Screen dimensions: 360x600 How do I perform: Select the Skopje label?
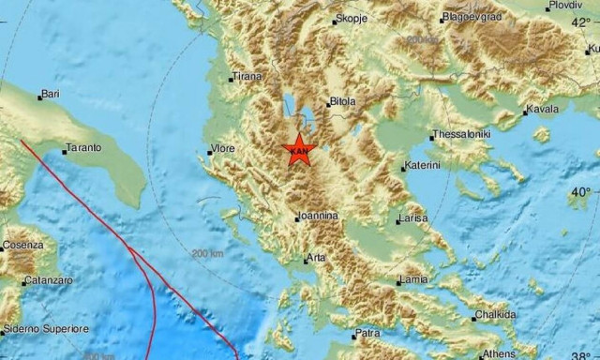click(352, 19)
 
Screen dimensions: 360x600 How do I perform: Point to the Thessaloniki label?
click(462, 135)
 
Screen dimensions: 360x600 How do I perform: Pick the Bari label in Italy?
click(49, 96)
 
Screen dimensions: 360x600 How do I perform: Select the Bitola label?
click(343, 103)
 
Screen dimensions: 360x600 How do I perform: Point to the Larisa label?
click(412, 218)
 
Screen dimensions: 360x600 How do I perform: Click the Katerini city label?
click(423, 167)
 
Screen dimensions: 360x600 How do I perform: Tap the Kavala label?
click(541, 110)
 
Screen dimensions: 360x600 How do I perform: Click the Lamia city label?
click(413, 280)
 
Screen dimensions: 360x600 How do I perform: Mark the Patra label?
click(367, 333)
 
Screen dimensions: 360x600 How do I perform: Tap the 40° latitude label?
click(581, 191)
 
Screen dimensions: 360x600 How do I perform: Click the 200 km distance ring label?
click(204, 253)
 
